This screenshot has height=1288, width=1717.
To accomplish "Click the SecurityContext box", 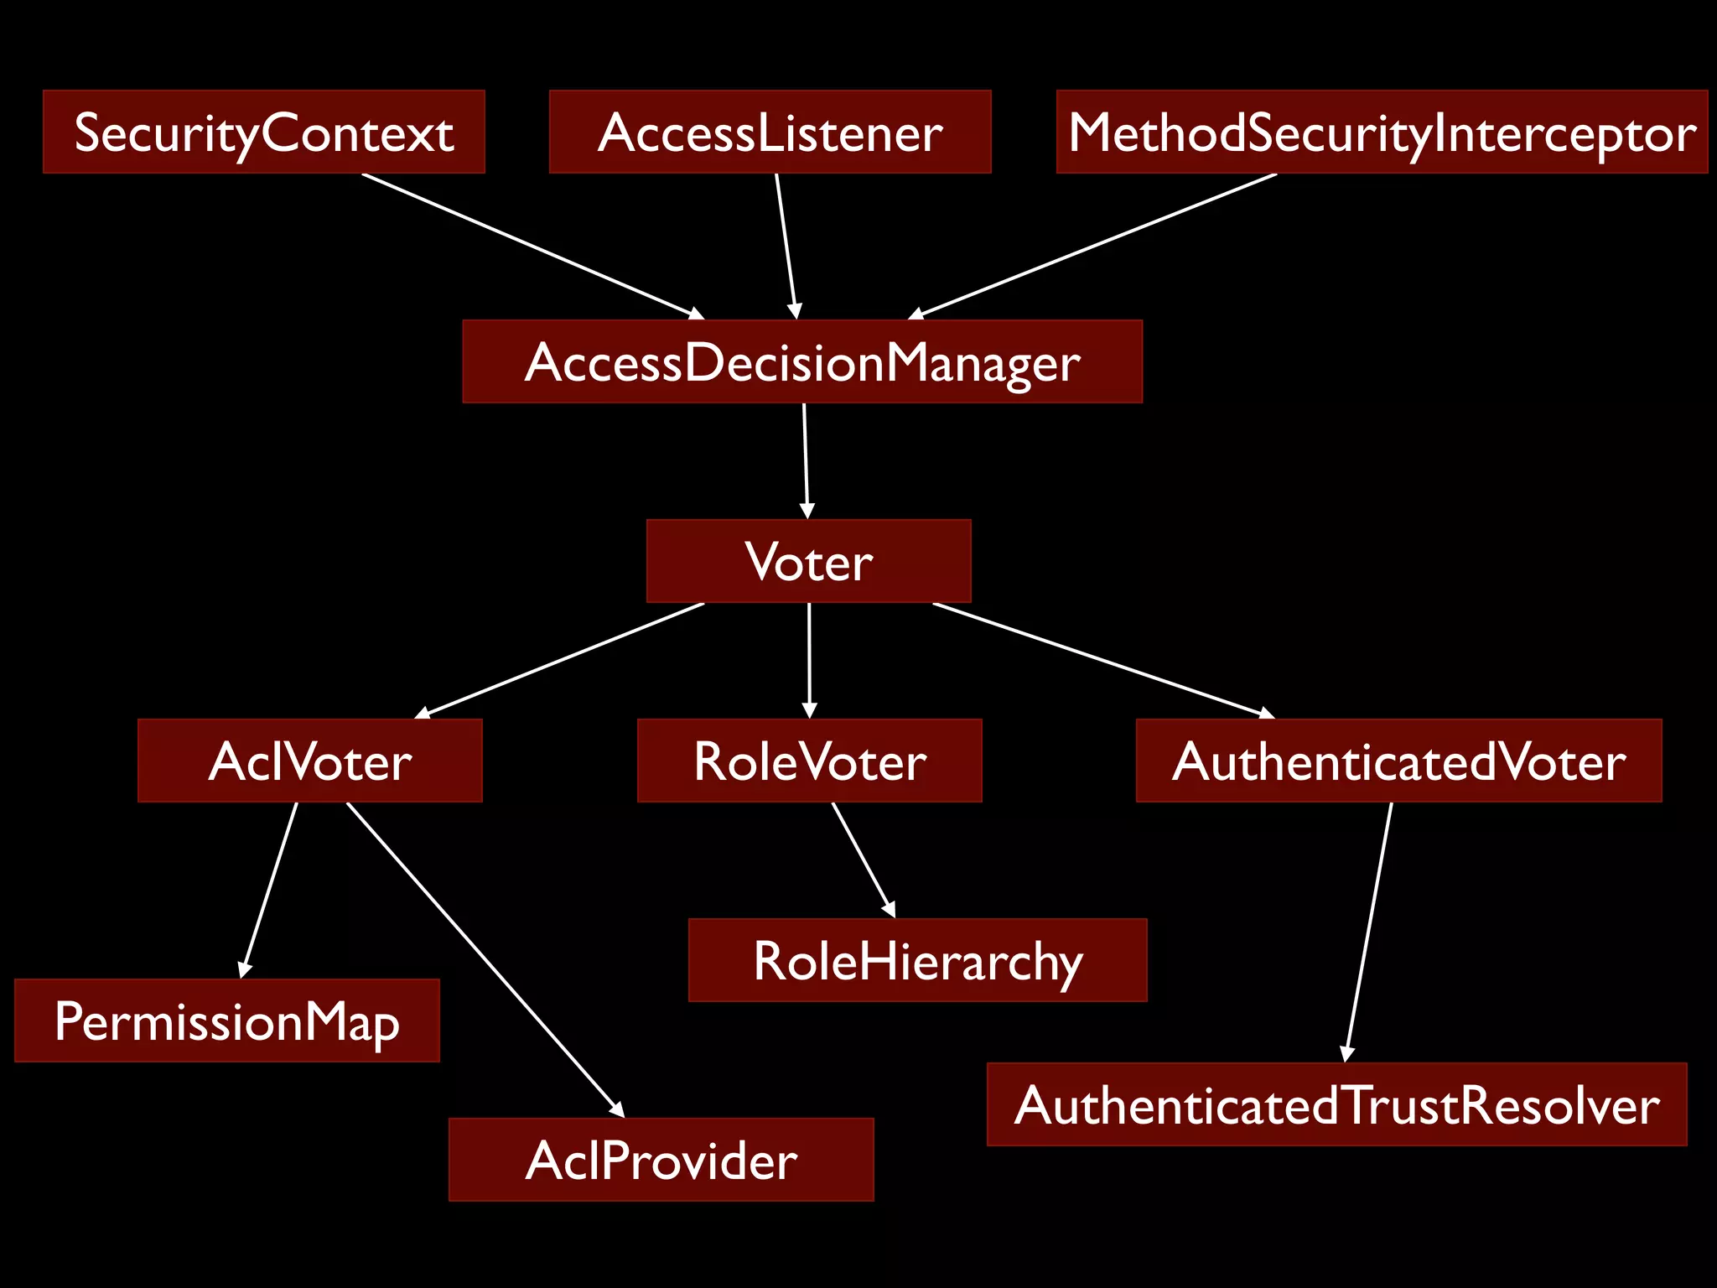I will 263,132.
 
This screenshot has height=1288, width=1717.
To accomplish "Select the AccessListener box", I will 770,132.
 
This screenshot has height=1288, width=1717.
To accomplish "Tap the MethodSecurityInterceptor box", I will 1382,132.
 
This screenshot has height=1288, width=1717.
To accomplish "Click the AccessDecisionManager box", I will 802,361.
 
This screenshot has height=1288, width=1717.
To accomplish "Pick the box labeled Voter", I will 808,561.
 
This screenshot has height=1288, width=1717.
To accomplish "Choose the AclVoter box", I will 309,761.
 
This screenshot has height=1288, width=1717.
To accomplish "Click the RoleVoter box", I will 809,761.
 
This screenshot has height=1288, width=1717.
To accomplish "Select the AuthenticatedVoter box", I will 1398,761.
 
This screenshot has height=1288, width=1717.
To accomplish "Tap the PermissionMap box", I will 226,1021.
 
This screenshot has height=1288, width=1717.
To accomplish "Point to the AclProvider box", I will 661,1160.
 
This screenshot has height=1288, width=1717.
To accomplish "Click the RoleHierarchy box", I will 917,960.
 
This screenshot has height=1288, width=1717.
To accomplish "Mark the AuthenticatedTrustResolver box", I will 1336,1104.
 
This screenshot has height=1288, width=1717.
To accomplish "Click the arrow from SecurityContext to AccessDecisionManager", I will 533,247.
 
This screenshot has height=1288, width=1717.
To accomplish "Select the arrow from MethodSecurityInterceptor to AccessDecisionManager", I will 1092,247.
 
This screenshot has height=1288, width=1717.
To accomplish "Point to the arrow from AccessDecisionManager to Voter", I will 806,461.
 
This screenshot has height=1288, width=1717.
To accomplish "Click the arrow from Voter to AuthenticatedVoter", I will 1103,660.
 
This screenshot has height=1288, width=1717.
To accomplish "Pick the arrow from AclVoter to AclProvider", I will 485,959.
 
